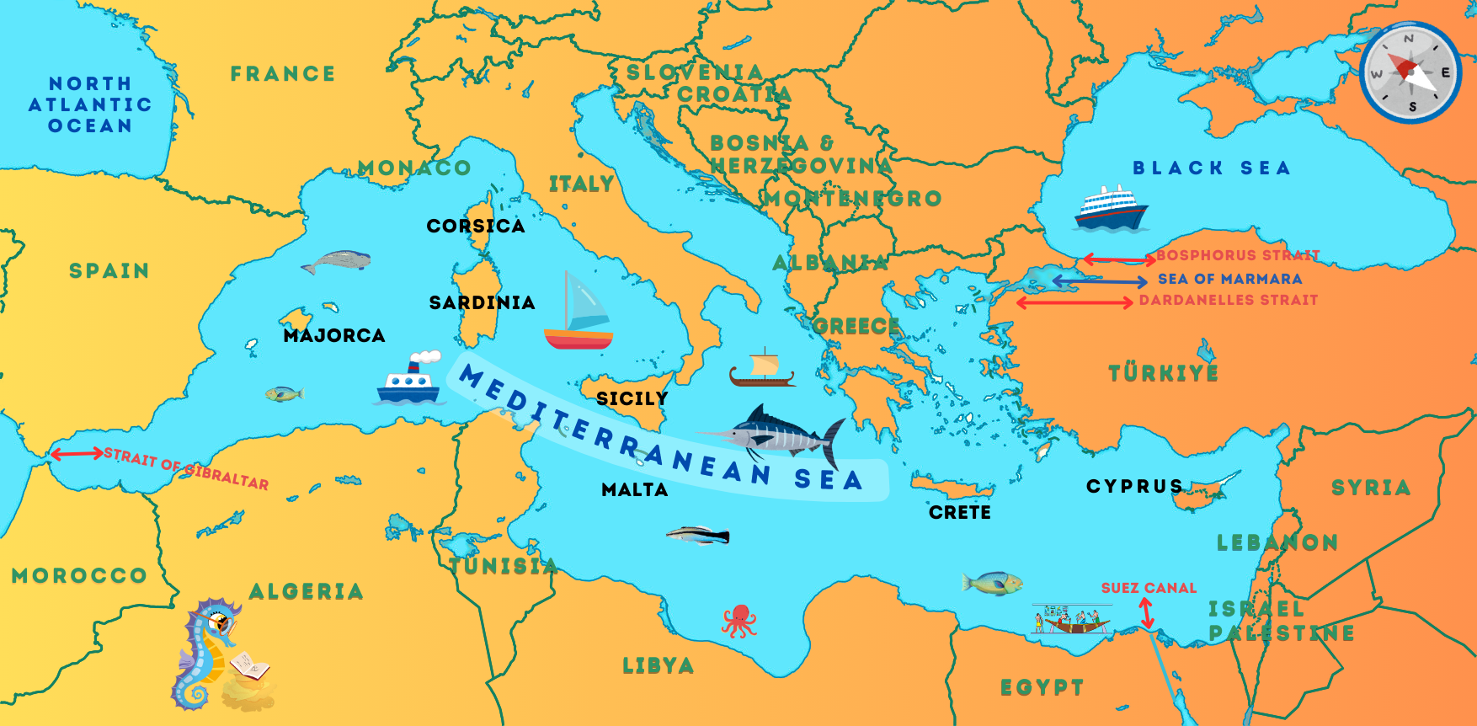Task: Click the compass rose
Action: (x=1410, y=72)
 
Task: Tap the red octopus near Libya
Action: (x=738, y=621)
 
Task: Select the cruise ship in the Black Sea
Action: (x=1110, y=208)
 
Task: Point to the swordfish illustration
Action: (x=775, y=434)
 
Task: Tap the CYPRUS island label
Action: (x=1134, y=487)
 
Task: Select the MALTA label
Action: (x=634, y=490)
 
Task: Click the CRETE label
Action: (x=959, y=512)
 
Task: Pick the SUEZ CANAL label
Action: (x=1149, y=588)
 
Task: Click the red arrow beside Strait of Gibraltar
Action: (x=77, y=454)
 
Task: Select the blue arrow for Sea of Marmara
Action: (x=1099, y=281)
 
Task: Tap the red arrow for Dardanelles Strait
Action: (x=1074, y=302)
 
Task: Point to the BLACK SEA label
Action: (x=1211, y=168)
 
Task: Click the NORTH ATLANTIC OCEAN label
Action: (x=90, y=105)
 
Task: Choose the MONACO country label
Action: (x=413, y=168)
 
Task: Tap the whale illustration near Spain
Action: (x=337, y=262)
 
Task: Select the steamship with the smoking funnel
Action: (x=409, y=380)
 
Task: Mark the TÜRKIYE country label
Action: (x=1163, y=373)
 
